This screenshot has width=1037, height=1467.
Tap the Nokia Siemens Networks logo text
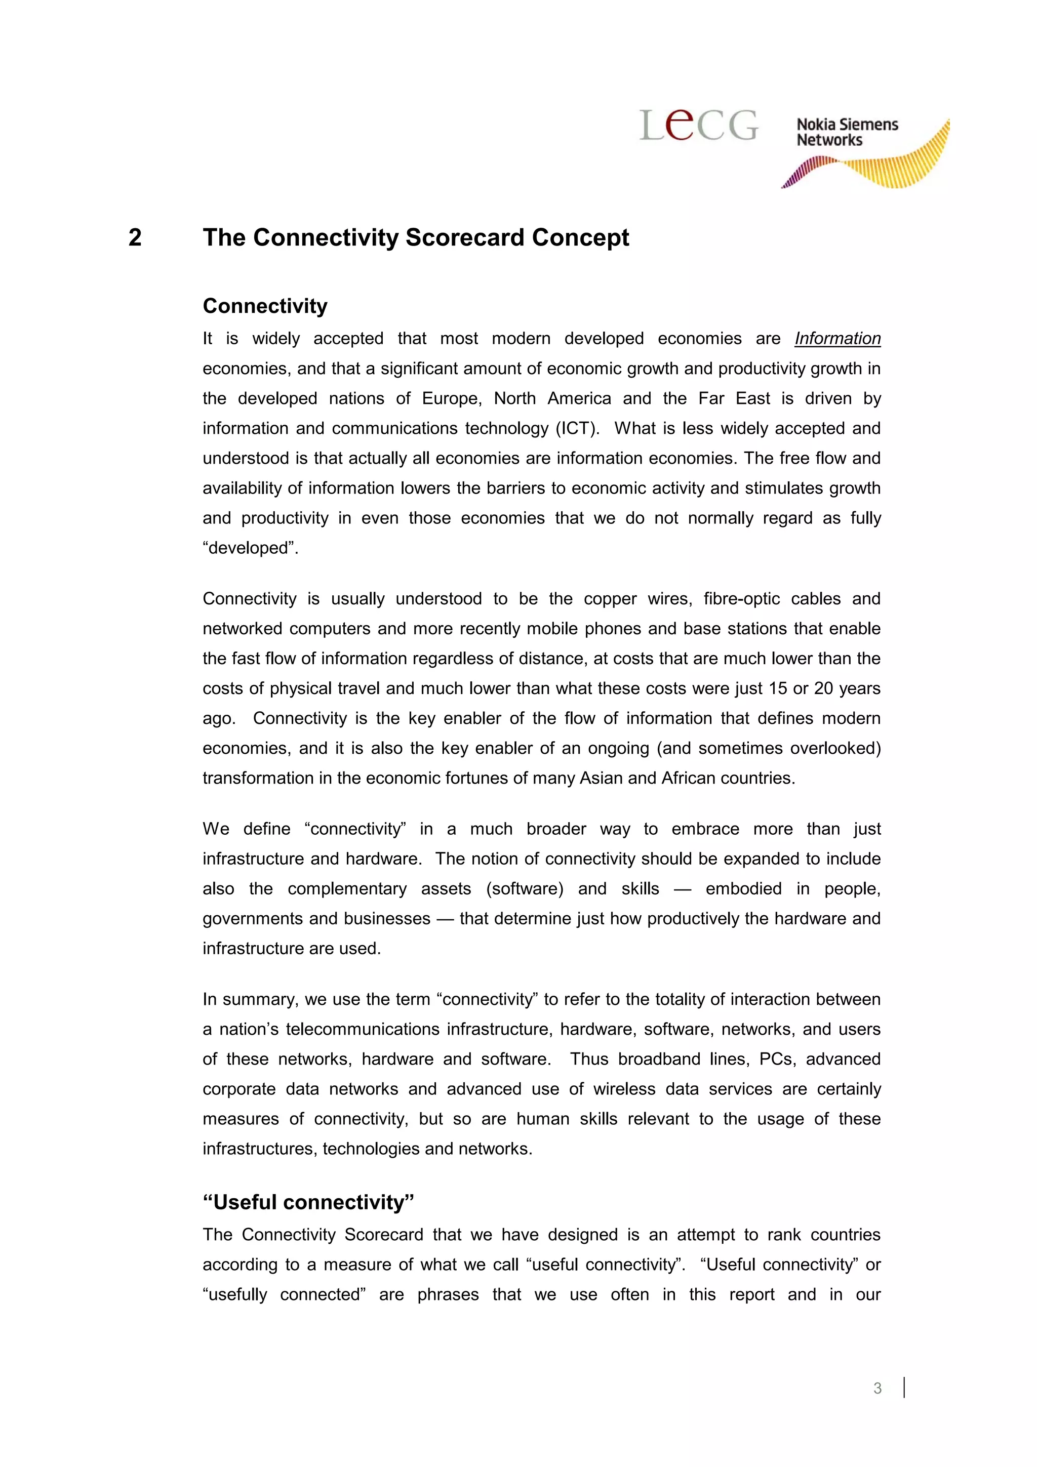click(x=847, y=132)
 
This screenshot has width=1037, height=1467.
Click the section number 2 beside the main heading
click(x=135, y=238)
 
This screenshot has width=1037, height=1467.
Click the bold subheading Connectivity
click(x=264, y=306)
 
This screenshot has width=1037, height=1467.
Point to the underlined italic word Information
click(x=837, y=339)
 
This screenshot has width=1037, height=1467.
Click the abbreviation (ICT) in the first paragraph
click(x=578, y=428)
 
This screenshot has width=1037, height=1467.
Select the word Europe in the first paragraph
click(x=451, y=399)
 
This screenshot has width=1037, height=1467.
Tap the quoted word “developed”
click(x=251, y=548)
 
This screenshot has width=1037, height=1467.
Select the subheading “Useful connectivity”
click(x=308, y=1202)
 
